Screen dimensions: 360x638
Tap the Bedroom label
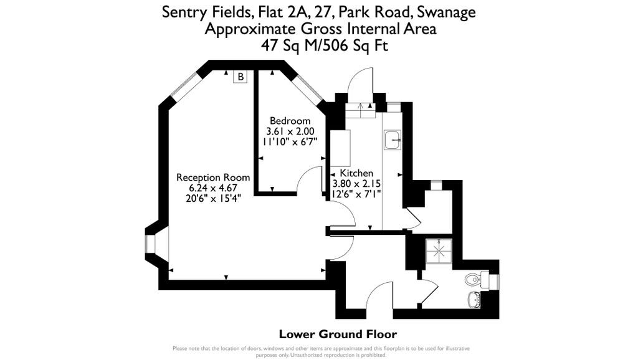[290, 121]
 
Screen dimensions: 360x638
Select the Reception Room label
[212, 178]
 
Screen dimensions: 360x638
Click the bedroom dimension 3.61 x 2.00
[290, 131]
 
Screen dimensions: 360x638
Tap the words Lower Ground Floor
[338, 334]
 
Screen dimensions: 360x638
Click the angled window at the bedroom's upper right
[308, 91]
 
